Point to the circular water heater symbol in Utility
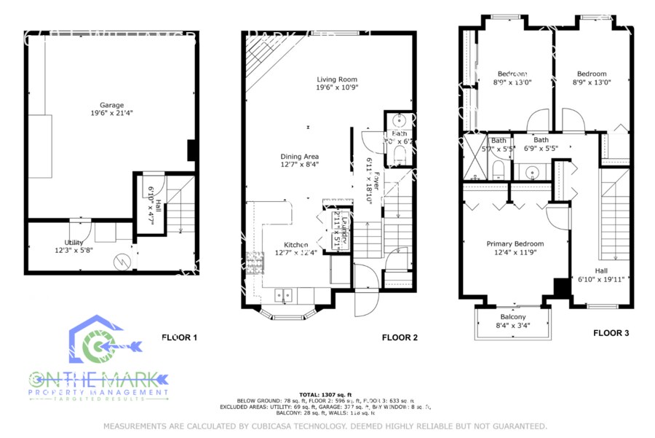[124, 260]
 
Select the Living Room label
[336, 79]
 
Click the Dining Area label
[300, 157]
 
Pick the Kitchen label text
[291, 244]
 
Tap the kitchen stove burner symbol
[255, 262]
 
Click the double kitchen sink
[284, 296]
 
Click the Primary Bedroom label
[515, 244]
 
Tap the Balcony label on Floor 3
[512, 317]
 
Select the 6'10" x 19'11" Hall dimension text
[603, 278]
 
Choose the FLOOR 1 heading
[179, 337]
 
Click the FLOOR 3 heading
[611, 333]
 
